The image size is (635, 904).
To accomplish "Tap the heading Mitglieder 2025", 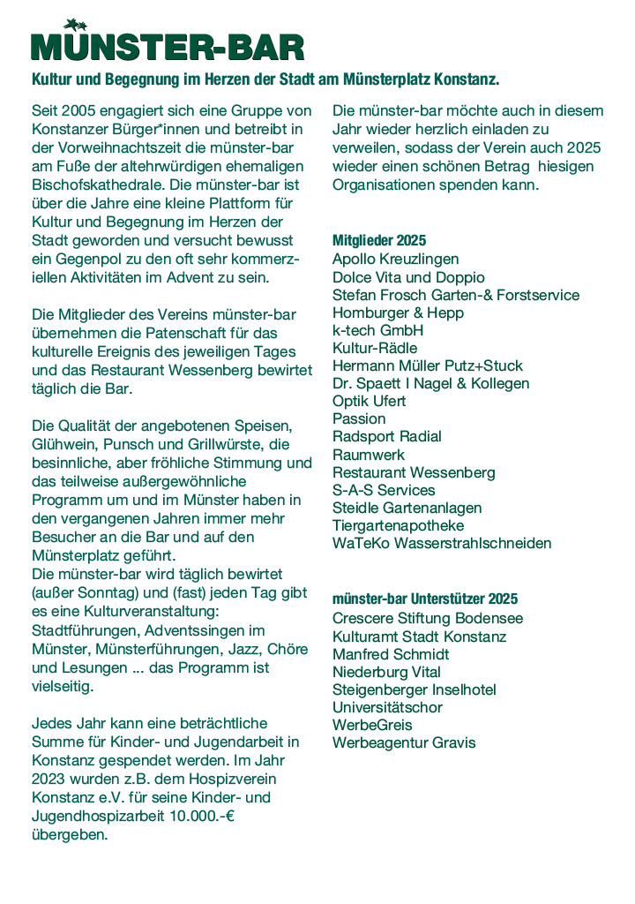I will [379, 240].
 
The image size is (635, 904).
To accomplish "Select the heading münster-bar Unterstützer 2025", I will [425, 599].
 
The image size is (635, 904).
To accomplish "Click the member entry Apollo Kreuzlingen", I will [395, 260].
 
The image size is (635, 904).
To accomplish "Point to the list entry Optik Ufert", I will [370, 401].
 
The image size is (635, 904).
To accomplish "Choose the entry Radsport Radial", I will [387, 436].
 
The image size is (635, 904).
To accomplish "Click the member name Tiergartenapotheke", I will [398, 525].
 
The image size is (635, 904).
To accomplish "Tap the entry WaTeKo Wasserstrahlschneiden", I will [442, 543].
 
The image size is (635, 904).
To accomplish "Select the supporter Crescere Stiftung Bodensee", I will [428, 619].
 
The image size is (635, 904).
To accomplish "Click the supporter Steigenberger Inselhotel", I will [415, 689].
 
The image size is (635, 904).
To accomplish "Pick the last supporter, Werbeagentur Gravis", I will [404, 742].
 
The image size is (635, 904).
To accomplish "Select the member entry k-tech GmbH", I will [377, 330].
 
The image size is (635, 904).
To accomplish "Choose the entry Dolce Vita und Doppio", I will [408, 277].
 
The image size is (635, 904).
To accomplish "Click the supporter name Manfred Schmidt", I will [391, 654].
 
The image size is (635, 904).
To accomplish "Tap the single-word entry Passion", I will [359, 418].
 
